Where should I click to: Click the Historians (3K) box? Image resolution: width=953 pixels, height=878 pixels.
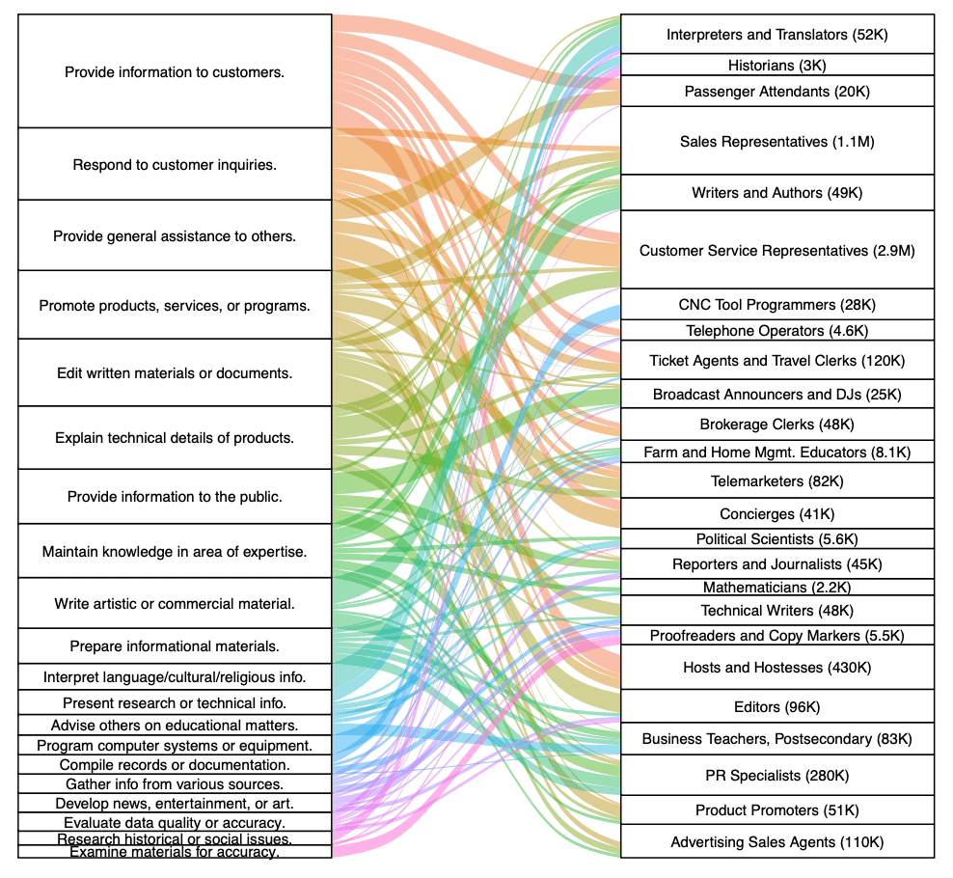(776, 66)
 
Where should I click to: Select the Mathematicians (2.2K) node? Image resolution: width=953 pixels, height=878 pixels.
(776, 587)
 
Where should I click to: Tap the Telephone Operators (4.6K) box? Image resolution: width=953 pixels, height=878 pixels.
(776, 331)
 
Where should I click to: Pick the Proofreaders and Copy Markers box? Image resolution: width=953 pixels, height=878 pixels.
(776, 636)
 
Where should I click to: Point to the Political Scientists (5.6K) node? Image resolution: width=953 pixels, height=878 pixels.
(776, 539)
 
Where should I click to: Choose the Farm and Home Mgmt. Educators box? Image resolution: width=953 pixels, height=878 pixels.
(776, 452)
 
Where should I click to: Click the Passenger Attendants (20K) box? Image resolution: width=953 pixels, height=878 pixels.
(776, 92)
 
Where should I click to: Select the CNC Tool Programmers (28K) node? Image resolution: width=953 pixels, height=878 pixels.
(776, 305)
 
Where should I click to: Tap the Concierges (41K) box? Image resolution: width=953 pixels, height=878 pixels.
(776, 513)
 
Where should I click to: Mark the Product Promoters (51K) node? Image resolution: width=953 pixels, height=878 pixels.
(776, 809)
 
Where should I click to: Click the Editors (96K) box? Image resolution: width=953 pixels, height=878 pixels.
(776, 706)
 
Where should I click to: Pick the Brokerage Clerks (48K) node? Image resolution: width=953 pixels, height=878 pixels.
(776, 425)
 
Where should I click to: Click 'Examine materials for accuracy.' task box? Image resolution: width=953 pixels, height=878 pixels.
(175, 852)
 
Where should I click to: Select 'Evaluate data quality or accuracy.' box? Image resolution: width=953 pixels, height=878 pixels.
(175, 822)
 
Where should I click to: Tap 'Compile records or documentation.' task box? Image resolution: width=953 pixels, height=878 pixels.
(175, 764)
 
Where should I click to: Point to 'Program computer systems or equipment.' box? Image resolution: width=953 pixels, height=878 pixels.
(175, 745)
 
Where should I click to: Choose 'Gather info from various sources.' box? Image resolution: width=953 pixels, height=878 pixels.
(175, 783)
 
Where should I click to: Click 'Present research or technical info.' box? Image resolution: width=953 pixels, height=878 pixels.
(175, 702)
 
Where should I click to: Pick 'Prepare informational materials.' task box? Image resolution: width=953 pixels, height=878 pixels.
(175, 645)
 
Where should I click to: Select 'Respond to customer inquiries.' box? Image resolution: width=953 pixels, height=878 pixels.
(175, 164)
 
